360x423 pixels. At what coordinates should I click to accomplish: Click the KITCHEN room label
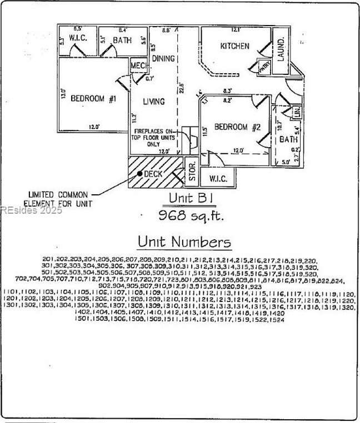235,46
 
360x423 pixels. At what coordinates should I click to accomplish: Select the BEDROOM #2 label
237,127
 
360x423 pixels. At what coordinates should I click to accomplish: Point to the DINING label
163,59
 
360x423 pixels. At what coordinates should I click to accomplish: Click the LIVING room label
154,102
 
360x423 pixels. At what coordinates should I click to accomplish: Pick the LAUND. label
281,49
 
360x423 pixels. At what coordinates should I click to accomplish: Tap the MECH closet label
138,67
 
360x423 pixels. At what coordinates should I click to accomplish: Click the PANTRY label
264,65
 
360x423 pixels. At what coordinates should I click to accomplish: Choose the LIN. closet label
296,112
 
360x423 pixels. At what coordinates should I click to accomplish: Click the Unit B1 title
191,198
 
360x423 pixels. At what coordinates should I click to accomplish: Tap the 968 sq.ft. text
192,215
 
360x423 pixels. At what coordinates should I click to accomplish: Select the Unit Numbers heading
184,242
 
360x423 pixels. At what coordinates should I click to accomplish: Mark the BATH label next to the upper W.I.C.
122,40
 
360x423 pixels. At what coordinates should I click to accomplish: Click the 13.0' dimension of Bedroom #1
63,94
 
